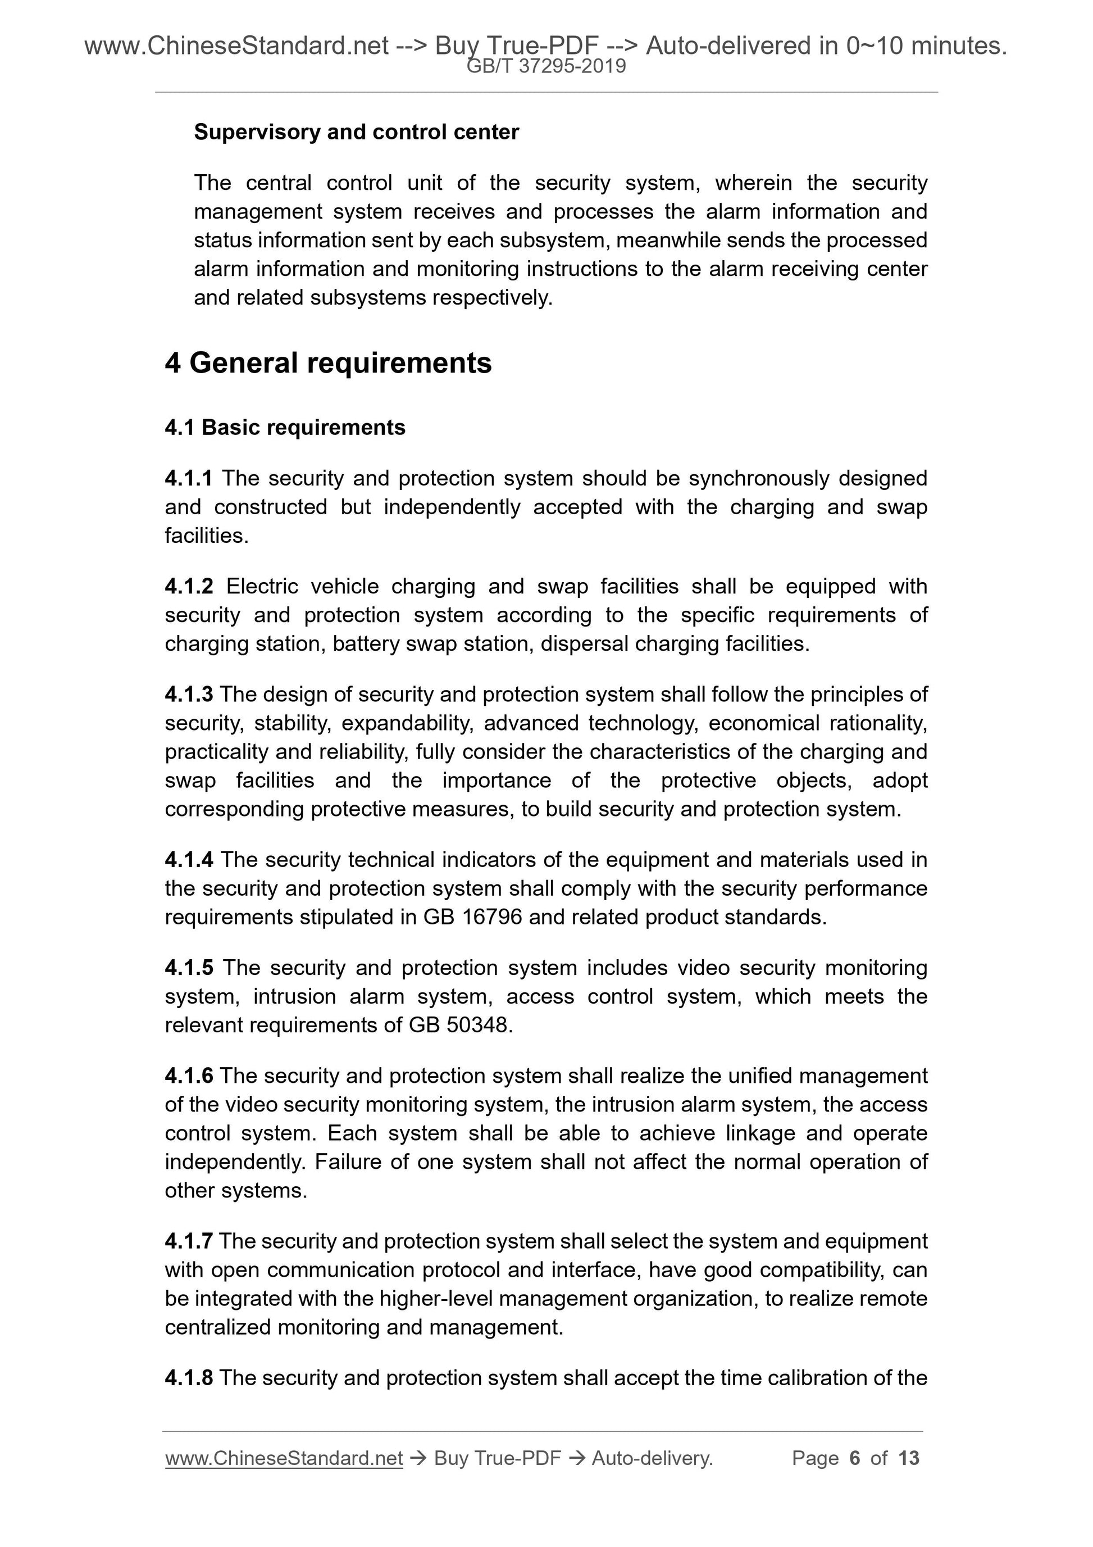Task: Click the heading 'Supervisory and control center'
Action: [356, 132]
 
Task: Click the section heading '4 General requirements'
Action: [328, 363]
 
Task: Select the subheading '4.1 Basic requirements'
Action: [285, 428]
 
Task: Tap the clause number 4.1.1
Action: [189, 478]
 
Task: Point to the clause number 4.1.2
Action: [189, 586]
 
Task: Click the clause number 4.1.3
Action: [189, 695]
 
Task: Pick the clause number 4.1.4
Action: [189, 860]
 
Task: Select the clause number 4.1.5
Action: [189, 968]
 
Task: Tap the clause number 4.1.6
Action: [189, 1076]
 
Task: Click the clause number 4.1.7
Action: [189, 1241]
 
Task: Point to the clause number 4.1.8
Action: [189, 1378]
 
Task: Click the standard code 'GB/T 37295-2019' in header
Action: [546, 67]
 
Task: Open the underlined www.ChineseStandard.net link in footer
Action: [284, 1458]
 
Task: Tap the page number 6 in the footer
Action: [855, 1458]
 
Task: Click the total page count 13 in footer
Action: [908, 1458]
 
